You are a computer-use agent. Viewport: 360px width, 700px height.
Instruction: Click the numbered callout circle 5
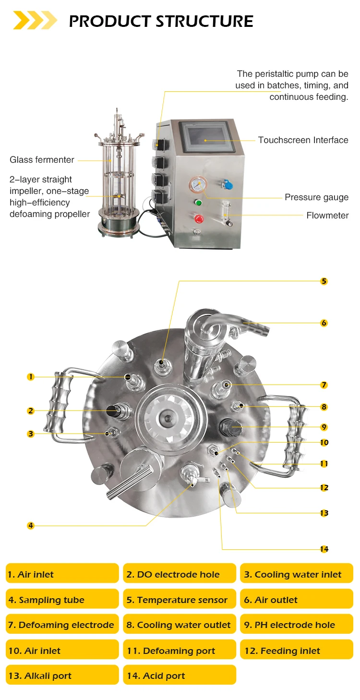pos(324,281)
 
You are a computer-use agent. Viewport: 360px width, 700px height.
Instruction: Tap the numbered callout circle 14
pos(324,549)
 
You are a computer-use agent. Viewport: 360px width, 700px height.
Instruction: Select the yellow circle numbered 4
pos(31,526)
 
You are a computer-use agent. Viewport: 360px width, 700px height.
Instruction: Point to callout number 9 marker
pos(324,427)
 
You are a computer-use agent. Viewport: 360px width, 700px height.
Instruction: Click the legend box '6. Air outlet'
pos(296,600)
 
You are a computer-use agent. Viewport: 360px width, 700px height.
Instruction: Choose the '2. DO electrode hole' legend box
pos(180,574)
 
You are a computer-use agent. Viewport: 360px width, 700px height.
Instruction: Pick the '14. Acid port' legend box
pos(180,676)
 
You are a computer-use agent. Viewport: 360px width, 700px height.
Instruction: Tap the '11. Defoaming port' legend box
pos(180,651)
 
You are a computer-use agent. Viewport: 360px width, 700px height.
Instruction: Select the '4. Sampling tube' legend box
pos(62,600)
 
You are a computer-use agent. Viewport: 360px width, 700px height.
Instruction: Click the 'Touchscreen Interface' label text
pos(303,140)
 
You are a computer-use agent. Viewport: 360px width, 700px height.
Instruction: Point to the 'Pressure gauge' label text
pos(316,197)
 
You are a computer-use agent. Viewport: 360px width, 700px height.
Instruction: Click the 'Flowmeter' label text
pos(327,216)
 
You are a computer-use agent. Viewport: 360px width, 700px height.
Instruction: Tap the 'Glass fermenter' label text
pos(42,160)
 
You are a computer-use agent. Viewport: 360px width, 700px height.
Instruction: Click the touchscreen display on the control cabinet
pos(207,137)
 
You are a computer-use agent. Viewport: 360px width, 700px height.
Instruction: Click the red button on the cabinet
pos(198,219)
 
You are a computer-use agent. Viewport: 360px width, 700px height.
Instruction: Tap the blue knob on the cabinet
pos(228,184)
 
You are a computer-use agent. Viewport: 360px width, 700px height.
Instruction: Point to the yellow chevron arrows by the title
pos(35,21)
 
